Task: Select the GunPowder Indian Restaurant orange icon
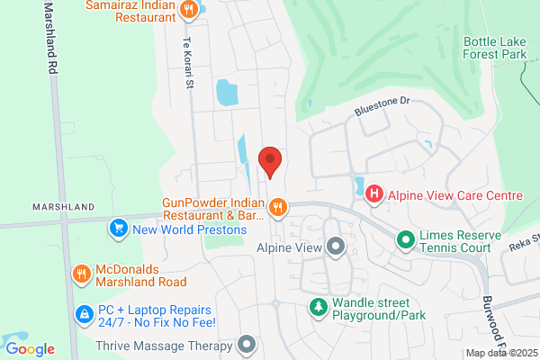coord(278,208)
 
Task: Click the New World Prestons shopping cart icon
coord(117,229)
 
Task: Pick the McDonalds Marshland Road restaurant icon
coord(81,273)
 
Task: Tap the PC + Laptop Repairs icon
coord(83,314)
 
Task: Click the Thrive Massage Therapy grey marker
coord(247,344)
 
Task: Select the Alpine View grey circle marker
coord(336,246)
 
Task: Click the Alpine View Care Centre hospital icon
coord(373,194)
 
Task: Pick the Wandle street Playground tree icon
coord(318,308)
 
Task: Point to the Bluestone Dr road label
coord(382,107)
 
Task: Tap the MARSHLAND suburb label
coord(63,207)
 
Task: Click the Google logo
coord(30,348)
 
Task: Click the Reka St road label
coord(523,239)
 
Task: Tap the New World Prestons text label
coord(189,229)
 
